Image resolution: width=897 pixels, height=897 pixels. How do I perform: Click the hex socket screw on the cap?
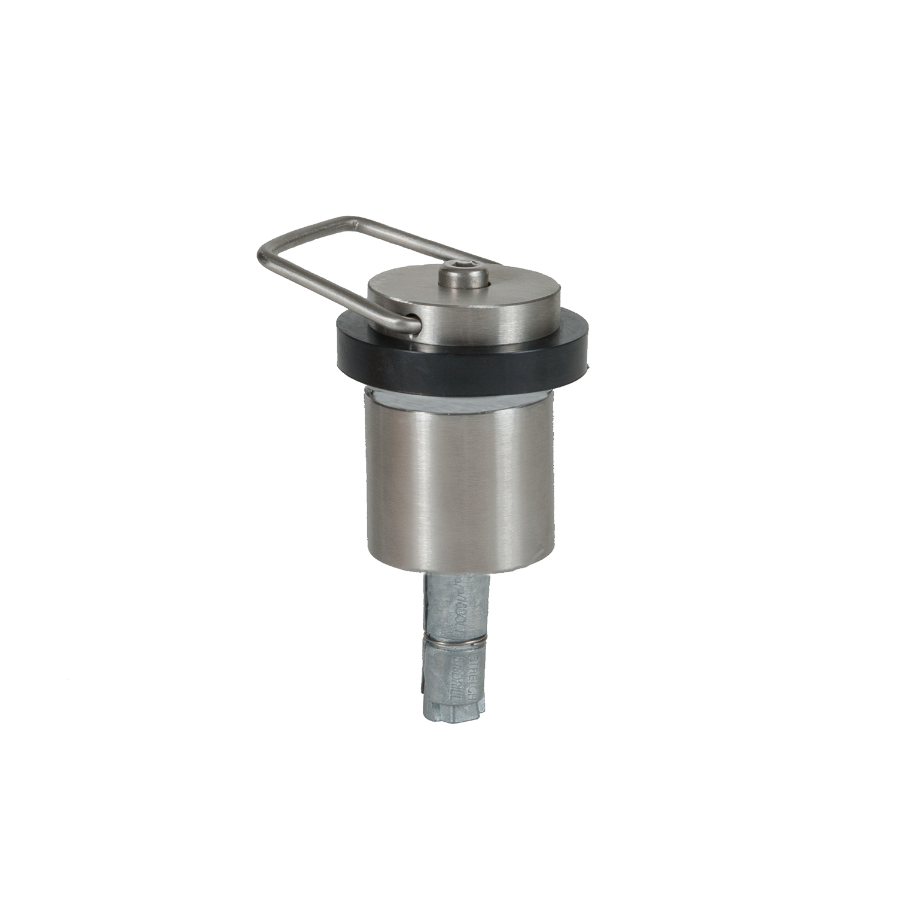coord(463,276)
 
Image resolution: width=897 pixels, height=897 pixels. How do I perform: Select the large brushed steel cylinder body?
coord(459,478)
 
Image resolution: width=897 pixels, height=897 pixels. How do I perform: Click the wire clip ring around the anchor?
coord(455,641)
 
